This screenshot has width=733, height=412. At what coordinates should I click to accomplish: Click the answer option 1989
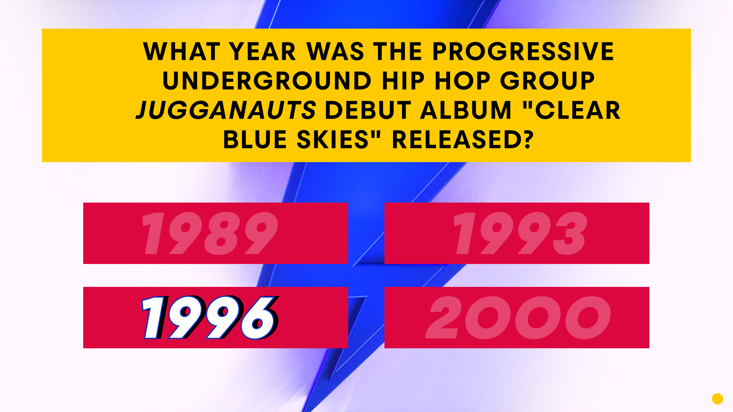pos(215,233)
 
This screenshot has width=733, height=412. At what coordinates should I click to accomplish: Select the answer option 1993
pos(517,233)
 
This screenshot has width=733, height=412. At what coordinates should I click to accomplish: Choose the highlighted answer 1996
pos(215,317)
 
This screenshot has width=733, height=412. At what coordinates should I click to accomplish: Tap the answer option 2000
pos(517,317)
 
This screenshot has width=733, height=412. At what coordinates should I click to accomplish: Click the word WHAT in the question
pos(182,51)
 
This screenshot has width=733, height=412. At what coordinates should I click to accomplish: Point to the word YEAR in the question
pos(263,51)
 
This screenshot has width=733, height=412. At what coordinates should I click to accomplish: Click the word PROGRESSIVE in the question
pos(523,51)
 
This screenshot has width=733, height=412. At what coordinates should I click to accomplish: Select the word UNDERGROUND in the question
pos(267,81)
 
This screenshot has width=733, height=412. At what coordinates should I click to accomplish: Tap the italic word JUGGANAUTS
pos(226,110)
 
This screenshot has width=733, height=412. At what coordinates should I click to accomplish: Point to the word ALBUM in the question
pos(466,110)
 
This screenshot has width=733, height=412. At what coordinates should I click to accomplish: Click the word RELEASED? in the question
pos(463,140)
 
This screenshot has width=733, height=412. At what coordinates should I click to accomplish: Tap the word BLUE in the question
pos(255,140)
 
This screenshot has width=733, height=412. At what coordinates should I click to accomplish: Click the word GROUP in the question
pos(547,81)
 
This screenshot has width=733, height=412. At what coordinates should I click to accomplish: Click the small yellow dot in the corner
pos(718,399)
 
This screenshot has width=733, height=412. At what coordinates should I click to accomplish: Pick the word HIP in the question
pos(403,81)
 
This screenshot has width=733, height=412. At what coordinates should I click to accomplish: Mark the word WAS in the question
pos(335,51)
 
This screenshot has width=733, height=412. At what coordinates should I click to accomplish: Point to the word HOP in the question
pos(462,81)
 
